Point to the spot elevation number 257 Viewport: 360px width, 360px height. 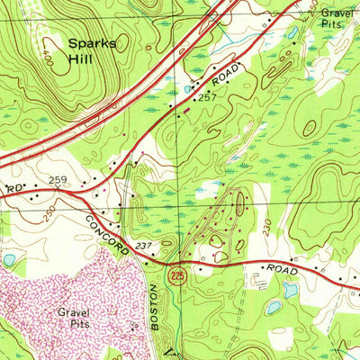209,95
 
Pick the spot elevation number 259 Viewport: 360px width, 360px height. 58,181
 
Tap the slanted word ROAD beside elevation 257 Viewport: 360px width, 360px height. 226,72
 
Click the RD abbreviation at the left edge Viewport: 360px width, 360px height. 13,190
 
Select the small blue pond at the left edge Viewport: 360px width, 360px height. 8,259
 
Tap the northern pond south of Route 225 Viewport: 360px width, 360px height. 290,290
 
